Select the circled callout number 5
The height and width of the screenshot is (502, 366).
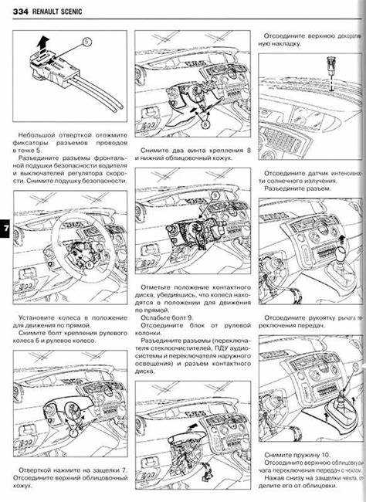(x=86, y=39)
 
